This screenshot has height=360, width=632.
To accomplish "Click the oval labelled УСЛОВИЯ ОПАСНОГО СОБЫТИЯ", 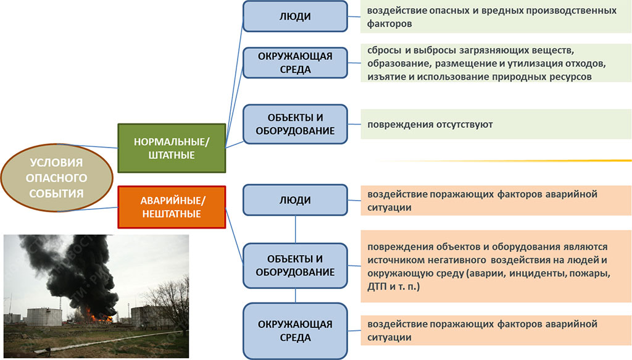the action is tap(57, 178).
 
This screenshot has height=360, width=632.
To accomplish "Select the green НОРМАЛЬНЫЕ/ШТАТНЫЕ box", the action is tap(172, 148).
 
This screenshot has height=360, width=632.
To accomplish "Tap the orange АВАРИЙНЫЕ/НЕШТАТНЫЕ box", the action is tap(172, 207).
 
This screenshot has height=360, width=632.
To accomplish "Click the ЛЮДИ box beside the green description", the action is tap(295, 17).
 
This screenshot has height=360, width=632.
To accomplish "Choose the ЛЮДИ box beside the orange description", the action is tap(295, 200).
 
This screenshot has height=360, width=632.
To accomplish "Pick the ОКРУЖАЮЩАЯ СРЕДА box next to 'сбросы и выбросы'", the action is tap(295, 63).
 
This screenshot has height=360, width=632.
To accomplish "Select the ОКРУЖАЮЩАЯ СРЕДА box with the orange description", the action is tap(295, 331).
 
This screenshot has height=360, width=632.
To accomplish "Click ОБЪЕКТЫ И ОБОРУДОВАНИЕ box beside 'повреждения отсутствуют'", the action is tap(295, 124).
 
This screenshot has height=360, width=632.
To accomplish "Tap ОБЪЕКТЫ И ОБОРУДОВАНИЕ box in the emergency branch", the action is tap(295, 266).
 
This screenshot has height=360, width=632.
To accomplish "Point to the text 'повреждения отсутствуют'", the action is tap(430, 125).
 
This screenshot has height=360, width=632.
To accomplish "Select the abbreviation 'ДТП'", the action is tap(377, 287).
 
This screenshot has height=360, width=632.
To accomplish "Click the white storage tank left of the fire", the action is tap(44, 317).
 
